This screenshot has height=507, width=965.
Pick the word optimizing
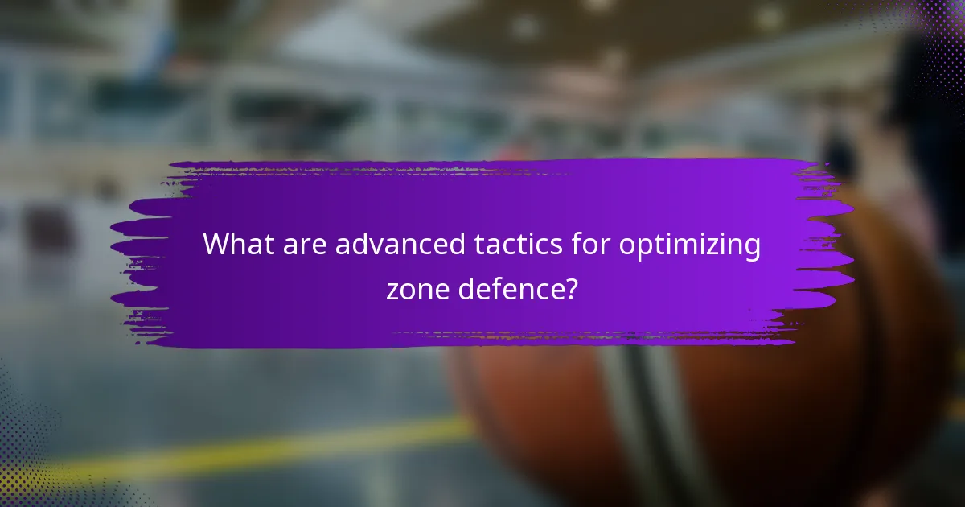[x=689, y=246]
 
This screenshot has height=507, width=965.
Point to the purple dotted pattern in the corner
[x=933, y=32]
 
